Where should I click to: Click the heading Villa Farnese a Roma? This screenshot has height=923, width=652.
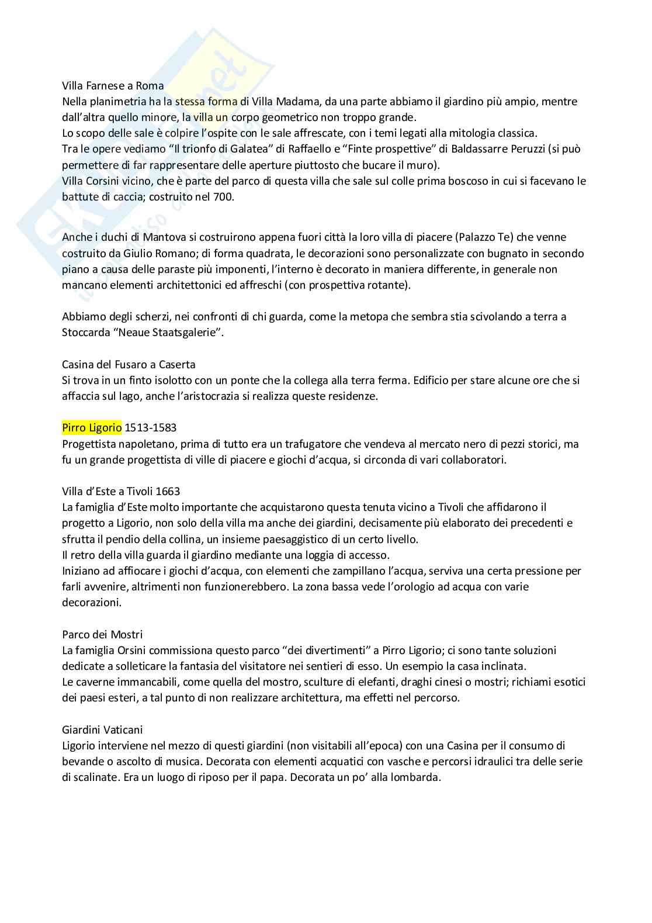tap(113, 85)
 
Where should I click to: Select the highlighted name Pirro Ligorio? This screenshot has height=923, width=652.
tap(92, 427)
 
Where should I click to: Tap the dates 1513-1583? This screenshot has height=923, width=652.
tap(151, 427)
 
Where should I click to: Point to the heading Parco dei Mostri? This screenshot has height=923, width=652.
tap(102, 634)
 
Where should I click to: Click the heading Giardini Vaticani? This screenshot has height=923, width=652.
tap(102, 730)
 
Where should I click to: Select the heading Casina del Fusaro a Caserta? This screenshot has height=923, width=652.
tap(129, 364)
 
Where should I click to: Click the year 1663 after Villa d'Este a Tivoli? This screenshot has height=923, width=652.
tap(168, 491)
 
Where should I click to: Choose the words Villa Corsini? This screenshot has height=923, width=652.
tap(91, 181)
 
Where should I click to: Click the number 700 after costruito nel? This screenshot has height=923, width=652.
tap(223, 197)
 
